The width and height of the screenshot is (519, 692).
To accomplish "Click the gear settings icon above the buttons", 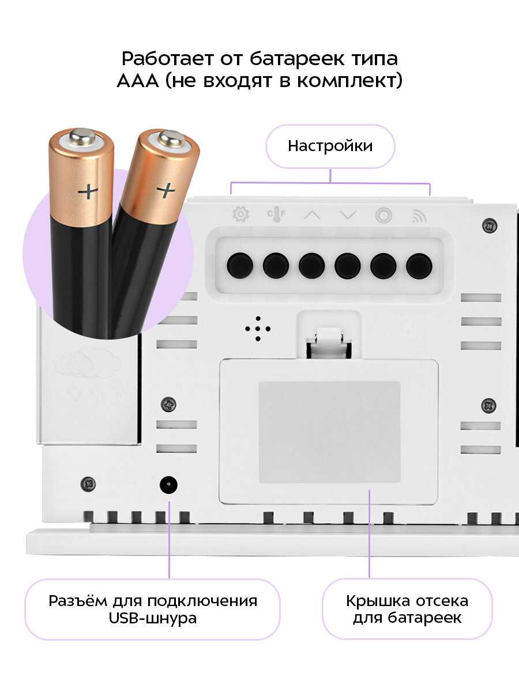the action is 240,214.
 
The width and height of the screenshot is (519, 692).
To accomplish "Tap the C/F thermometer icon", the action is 276,214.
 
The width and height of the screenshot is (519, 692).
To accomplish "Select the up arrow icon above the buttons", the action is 313,215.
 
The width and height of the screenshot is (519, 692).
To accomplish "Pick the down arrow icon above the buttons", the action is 348,215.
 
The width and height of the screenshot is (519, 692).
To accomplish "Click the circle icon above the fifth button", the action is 383,215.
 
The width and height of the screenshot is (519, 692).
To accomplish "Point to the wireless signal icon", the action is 419,216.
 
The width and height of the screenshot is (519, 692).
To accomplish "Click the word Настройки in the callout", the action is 330,146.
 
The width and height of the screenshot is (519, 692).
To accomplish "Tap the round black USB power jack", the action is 168,485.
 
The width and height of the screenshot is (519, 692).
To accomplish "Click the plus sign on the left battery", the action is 88,191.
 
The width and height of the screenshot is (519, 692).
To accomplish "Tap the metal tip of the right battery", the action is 171,139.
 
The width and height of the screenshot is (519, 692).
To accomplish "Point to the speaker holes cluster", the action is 258,329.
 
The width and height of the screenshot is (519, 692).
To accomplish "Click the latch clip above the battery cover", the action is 329,344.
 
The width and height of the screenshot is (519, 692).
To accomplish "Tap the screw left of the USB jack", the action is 88,484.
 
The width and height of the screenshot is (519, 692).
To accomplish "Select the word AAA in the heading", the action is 138,81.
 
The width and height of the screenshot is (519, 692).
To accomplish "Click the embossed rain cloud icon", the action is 88,372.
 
